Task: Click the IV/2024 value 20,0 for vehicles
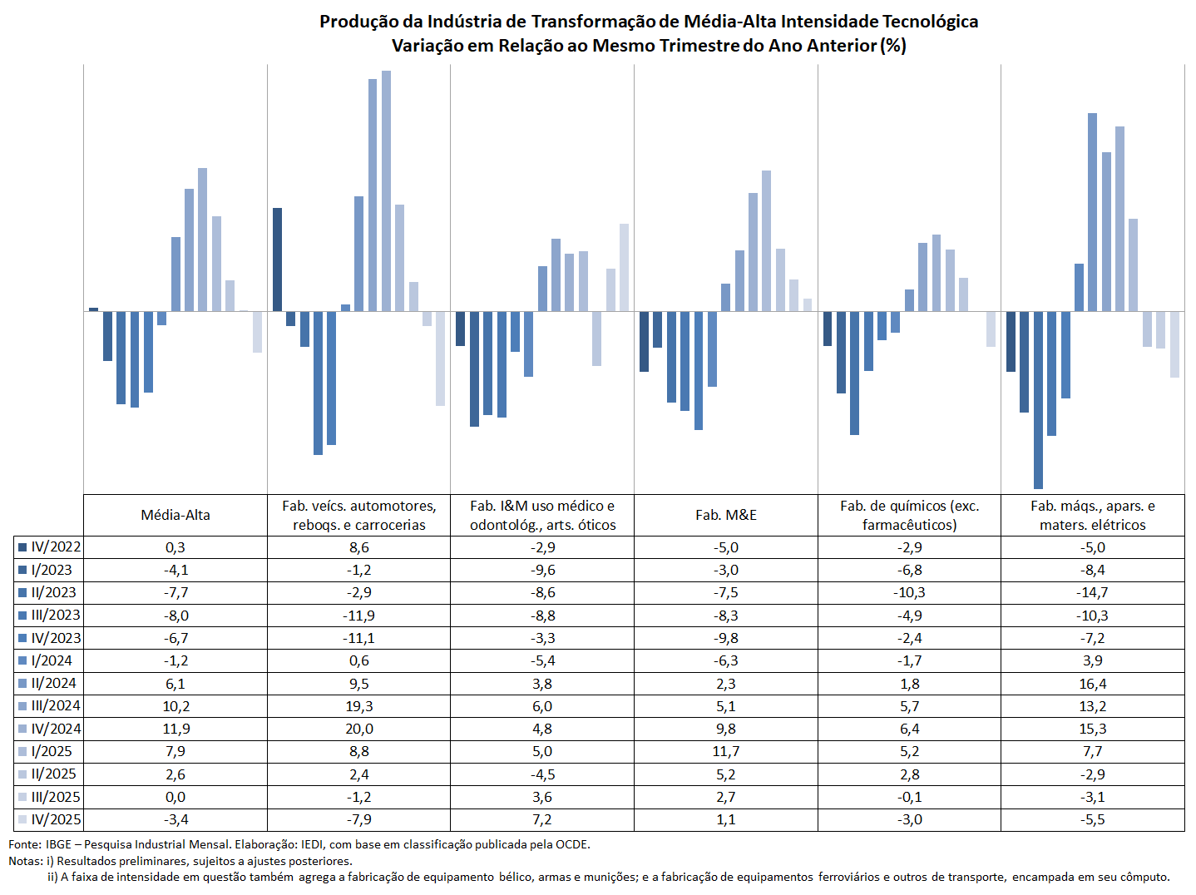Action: [x=359, y=729]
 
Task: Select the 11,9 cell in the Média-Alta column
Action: [x=175, y=729]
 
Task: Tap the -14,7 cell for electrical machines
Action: [x=1093, y=592]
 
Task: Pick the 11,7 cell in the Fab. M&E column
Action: [x=726, y=751]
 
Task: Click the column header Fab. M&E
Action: [x=726, y=515]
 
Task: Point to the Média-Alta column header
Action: [x=175, y=515]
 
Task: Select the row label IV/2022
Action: [x=56, y=547]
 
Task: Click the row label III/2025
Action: [x=56, y=797]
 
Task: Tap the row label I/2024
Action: [x=52, y=660]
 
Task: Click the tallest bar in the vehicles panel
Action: [x=386, y=191]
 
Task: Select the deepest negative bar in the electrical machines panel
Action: [x=1038, y=400]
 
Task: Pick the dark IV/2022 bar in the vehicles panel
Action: [x=277, y=260]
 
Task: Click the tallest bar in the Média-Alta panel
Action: [x=203, y=240]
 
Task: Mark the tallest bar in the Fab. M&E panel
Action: [x=766, y=241]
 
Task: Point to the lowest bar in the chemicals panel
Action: [x=854, y=373]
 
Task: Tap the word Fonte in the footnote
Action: [x=24, y=844]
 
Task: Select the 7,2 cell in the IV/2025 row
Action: [x=542, y=819]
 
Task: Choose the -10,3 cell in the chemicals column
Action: [x=909, y=592]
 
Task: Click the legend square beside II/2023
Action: [x=22, y=593]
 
